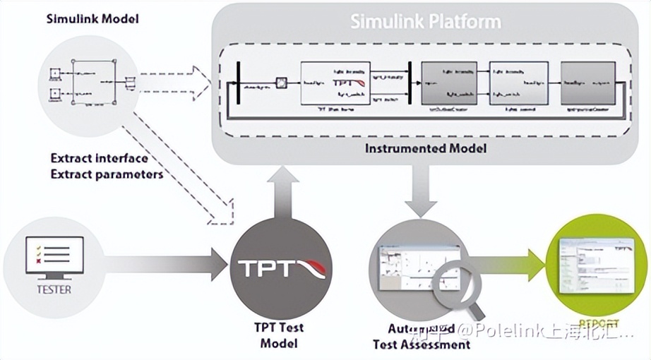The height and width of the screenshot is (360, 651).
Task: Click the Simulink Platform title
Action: point(426,21)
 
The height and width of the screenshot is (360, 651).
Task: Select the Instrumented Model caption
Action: point(425,148)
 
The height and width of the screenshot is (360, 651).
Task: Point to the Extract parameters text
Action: point(107,174)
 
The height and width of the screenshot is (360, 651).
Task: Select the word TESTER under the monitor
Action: point(54,289)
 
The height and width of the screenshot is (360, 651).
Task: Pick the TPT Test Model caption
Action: point(279,335)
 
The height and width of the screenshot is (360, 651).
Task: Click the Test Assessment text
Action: point(422,344)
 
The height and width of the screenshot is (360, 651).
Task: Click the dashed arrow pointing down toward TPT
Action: point(184,176)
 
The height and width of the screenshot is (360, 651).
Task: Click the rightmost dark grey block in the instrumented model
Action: point(587,83)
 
